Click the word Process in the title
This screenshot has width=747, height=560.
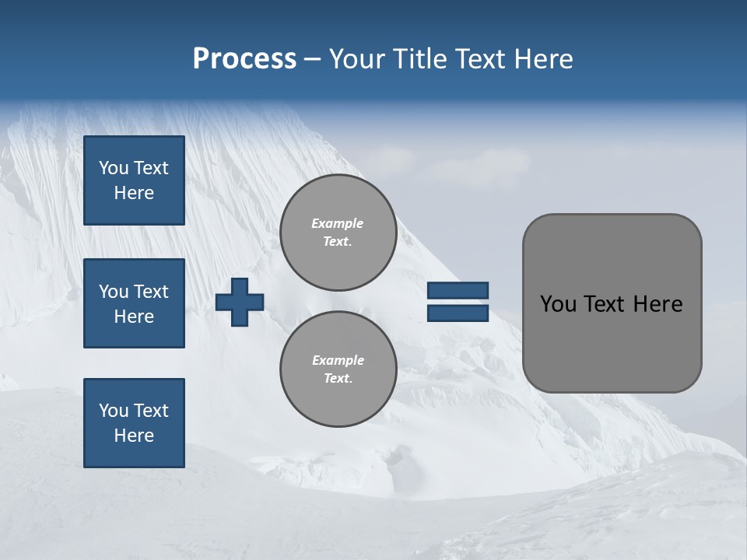[244, 59]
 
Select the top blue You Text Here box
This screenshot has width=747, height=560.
[134, 180]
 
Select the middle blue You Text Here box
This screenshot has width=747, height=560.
[134, 303]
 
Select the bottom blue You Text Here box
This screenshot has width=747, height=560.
[134, 423]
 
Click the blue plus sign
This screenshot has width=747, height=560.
[240, 302]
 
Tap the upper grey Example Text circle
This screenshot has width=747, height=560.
[338, 233]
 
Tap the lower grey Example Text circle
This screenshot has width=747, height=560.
[338, 369]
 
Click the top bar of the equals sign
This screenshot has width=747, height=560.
[458, 290]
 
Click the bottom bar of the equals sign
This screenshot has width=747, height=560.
[458, 313]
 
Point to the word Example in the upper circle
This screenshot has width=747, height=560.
[338, 223]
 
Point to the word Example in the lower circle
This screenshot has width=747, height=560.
[338, 360]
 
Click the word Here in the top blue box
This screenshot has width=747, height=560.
[134, 193]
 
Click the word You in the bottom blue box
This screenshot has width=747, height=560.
[114, 411]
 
